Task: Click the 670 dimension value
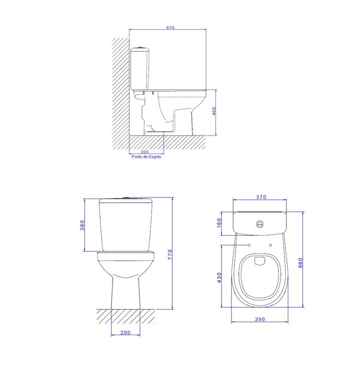170,28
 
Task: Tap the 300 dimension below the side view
145,151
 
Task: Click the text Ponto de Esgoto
146,157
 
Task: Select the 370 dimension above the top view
260,198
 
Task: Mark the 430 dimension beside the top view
220,277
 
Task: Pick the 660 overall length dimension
300,263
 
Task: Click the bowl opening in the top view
260,275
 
